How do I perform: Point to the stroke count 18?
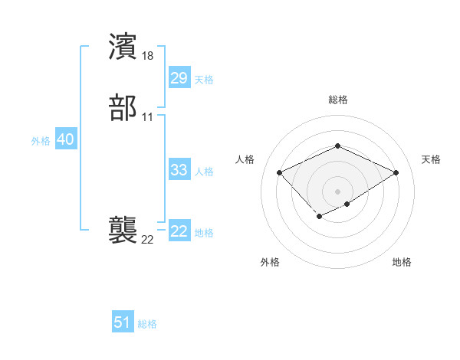(x=148, y=56)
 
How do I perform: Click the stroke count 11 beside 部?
(x=148, y=117)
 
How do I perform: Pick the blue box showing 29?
(x=179, y=78)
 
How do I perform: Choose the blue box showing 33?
(x=179, y=170)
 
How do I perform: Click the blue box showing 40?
(x=65, y=140)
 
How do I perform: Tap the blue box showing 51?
(x=122, y=323)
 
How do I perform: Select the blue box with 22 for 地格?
(x=179, y=231)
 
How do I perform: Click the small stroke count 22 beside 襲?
(x=148, y=240)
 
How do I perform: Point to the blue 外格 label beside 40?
(x=41, y=141)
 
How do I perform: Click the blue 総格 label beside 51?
(x=147, y=324)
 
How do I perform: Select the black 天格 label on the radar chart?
(x=432, y=159)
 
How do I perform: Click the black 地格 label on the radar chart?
(x=402, y=262)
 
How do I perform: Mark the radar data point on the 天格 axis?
(x=396, y=172)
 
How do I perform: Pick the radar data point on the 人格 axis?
(x=280, y=172)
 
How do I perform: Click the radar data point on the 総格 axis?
(x=337, y=146)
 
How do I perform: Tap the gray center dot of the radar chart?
(x=337, y=191)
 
